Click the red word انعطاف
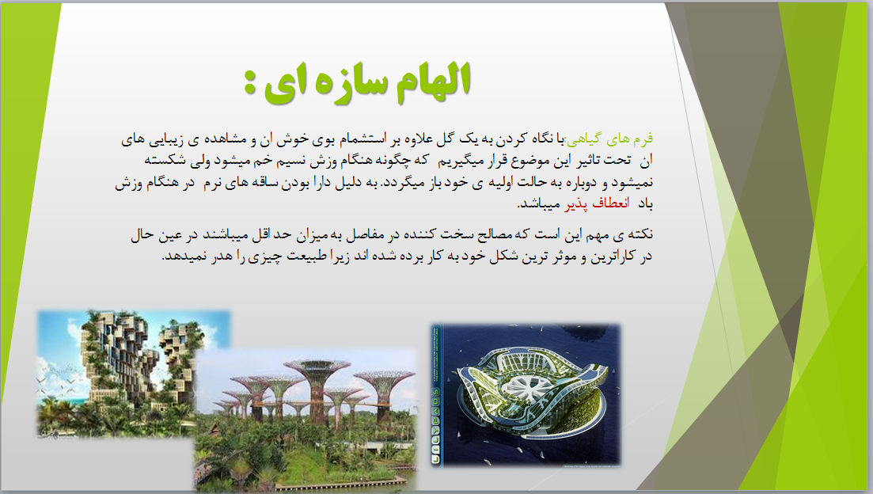tap(611, 203)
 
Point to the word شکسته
tap(165, 160)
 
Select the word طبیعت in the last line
tap(307, 256)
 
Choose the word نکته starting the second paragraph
tap(640, 234)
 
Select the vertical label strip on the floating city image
tap(436, 395)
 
